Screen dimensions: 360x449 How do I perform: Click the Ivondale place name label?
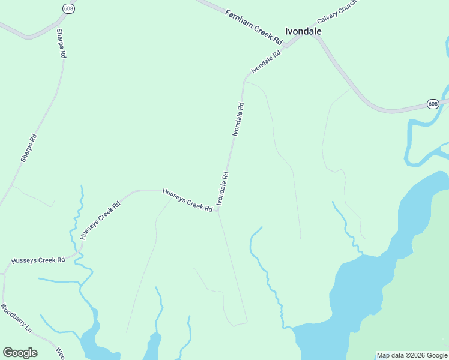click(303, 31)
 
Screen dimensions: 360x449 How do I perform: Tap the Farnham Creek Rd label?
click(254, 26)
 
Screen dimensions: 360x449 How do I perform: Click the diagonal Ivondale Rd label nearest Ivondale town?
click(266, 62)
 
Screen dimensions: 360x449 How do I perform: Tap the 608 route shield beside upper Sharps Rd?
click(68, 8)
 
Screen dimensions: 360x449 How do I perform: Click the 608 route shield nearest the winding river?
click(433, 104)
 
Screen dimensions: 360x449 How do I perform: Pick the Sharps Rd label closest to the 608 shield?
click(61, 43)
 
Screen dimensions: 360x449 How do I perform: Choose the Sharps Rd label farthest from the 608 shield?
click(29, 148)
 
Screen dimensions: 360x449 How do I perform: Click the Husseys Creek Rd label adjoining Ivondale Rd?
click(188, 200)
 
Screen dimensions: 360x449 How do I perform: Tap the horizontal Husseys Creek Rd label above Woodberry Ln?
click(38, 260)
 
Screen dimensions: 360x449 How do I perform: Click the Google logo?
click(20, 353)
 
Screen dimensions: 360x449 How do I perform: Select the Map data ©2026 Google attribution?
click(412, 355)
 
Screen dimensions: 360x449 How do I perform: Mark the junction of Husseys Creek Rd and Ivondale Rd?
click(218, 210)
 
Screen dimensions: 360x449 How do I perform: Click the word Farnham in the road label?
click(238, 18)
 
